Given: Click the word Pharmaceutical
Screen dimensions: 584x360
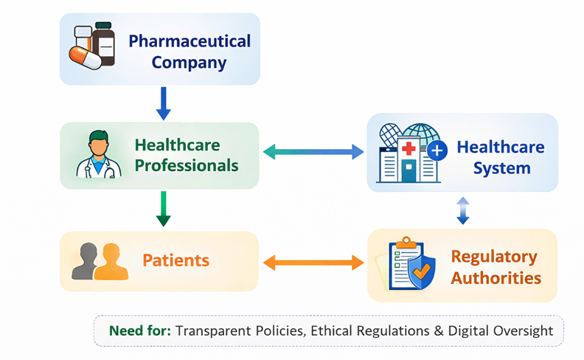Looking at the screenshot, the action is [190, 41].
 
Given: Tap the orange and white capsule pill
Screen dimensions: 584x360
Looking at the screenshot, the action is [86, 58].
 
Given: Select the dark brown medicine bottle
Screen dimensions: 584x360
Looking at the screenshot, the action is [103, 44].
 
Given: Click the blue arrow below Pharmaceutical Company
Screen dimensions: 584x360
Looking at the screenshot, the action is [163, 103].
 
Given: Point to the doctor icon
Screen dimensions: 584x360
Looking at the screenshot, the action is [99, 154].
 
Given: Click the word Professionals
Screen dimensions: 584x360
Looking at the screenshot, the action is [187, 166].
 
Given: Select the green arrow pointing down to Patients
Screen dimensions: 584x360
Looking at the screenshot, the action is [163, 209].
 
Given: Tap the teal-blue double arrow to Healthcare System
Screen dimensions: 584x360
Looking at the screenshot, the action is [313, 152].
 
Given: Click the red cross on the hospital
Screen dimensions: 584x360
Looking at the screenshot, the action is [409, 148].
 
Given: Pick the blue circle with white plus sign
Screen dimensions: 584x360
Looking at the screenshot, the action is [437, 150].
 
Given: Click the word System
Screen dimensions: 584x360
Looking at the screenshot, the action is [501, 168].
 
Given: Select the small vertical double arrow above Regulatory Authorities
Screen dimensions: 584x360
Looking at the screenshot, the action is [462, 210].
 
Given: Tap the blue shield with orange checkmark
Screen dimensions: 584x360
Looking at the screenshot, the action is [422, 271].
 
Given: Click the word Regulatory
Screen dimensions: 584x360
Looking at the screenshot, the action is [494, 257].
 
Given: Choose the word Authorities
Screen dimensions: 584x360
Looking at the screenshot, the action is [496, 278].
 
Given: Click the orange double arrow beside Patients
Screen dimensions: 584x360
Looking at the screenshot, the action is [313, 263].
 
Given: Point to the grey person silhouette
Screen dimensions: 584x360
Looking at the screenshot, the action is [86, 261].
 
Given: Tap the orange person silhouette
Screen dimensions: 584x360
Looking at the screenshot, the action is [111, 261].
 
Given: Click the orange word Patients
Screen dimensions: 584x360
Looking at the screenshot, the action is [175, 260].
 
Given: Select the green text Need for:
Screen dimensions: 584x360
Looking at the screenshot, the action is [140, 330].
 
